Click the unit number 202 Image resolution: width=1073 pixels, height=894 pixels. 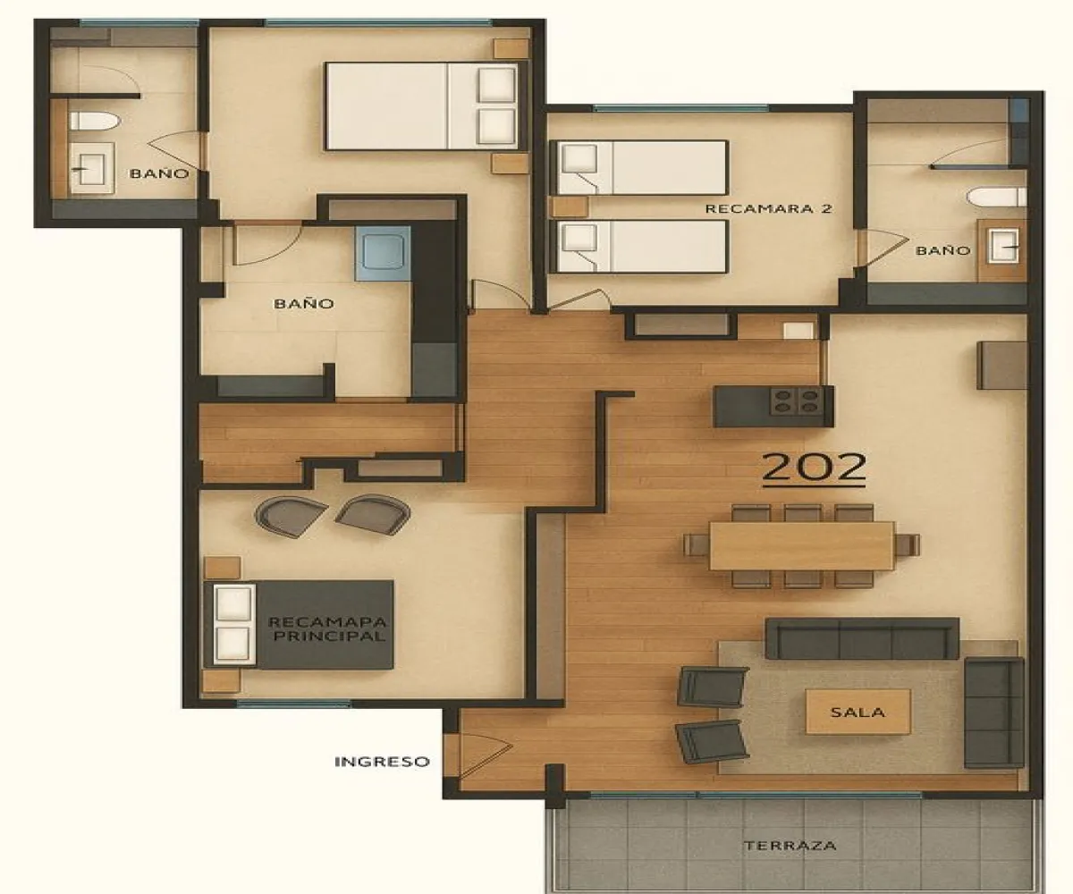[x=814, y=468]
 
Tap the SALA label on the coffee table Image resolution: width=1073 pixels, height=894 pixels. [x=858, y=713]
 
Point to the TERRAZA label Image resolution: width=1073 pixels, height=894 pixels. [x=790, y=845]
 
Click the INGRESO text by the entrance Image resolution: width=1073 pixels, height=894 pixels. [x=382, y=762]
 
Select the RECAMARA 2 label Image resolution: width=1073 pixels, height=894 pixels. [x=769, y=209]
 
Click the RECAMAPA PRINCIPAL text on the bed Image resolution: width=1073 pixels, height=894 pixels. [x=327, y=629]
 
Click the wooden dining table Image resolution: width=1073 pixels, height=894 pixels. [x=801, y=544]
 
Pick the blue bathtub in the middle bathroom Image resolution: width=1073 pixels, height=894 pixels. [x=382, y=253]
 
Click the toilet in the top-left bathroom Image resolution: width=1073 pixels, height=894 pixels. [x=93, y=122]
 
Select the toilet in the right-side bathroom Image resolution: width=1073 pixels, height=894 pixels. [x=998, y=196]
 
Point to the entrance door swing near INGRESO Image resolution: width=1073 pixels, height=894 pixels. [x=481, y=751]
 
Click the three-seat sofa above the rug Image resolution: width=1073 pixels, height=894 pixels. [x=861, y=637]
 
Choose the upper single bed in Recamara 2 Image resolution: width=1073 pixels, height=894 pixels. [x=639, y=166]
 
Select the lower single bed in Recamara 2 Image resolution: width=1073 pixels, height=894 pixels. [x=639, y=247]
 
